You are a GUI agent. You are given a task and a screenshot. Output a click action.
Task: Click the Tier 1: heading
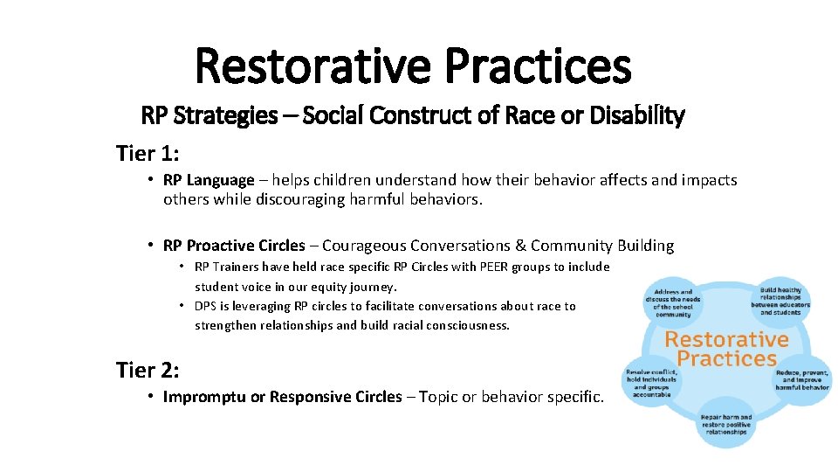[148, 154]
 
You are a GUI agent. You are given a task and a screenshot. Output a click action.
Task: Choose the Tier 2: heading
[148, 370]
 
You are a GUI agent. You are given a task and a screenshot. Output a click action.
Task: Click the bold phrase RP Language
[209, 180]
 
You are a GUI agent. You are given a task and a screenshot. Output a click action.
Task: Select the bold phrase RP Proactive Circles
[234, 246]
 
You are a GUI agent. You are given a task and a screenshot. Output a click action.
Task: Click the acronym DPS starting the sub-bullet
[205, 306]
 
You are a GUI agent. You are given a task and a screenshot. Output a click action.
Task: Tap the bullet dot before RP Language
[151, 180]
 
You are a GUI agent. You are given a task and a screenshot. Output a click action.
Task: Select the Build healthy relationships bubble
[785, 301]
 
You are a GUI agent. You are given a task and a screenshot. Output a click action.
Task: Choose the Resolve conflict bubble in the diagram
[648, 383]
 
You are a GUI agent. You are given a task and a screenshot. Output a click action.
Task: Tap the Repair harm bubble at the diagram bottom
[725, 426]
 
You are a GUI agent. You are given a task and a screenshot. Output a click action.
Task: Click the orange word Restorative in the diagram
[726, 339]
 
